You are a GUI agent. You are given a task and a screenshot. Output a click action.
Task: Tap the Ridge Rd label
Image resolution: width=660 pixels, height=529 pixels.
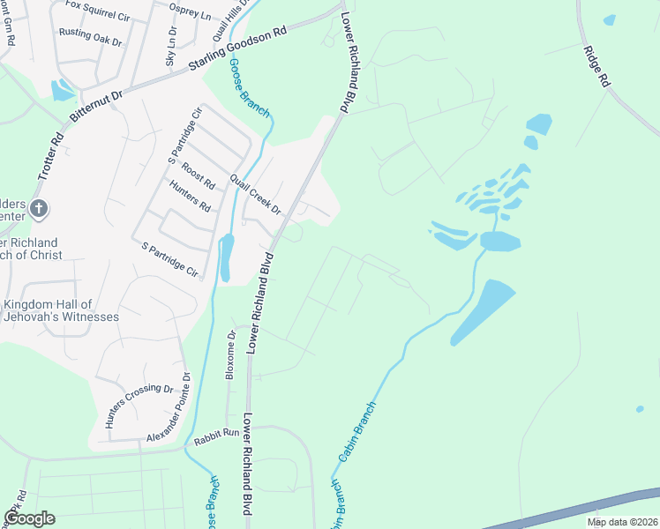tap(597, 66)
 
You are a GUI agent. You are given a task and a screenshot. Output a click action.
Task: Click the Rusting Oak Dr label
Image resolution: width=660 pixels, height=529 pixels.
tap(90, 37)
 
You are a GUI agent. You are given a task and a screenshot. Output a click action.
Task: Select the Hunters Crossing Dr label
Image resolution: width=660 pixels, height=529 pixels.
tap(139, 406)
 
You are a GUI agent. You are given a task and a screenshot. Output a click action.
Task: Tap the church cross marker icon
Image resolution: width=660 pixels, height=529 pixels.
tap(37, 209)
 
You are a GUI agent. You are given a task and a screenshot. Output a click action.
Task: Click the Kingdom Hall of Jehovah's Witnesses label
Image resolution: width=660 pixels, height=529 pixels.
tap(60, 310)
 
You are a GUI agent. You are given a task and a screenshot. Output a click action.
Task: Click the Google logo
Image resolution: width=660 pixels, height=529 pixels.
tap(29, 518)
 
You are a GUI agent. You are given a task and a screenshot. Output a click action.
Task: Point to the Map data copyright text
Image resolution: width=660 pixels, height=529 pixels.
tap(622, 522)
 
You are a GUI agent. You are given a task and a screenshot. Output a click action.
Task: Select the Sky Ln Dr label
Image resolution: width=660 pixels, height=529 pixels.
tap(171, 48)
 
